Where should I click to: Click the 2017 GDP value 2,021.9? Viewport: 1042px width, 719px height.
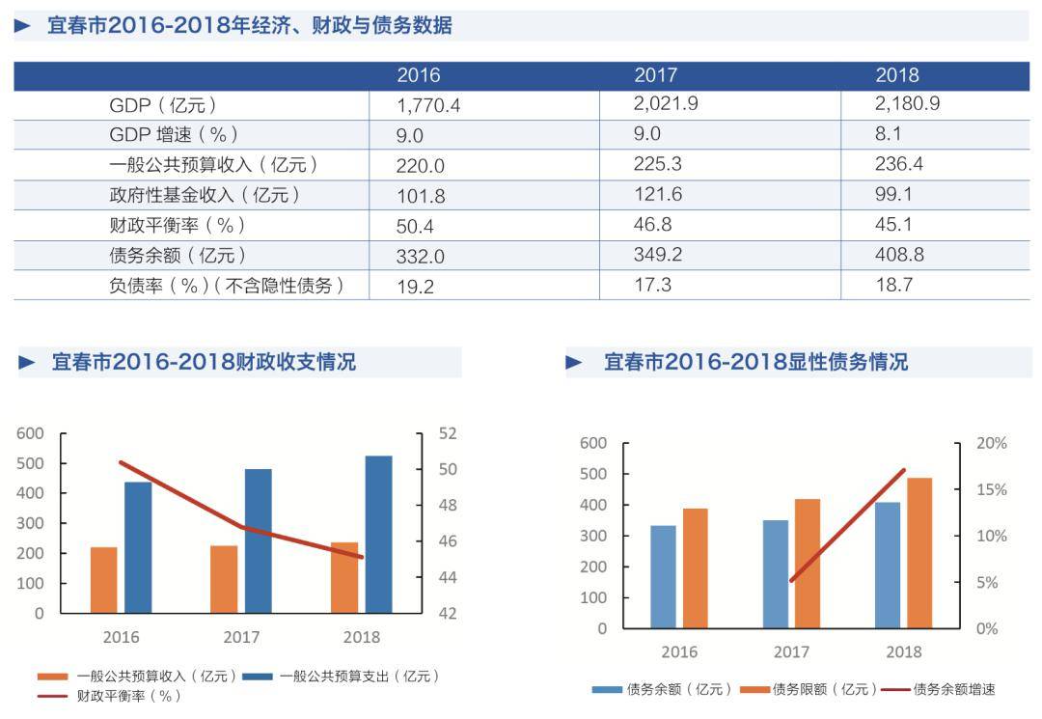coord(666,103)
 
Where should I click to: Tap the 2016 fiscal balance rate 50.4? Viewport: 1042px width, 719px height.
coord(421,226)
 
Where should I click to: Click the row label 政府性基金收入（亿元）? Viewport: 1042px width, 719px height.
coord(206,195)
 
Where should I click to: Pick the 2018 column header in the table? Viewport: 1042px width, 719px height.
coord(897,75)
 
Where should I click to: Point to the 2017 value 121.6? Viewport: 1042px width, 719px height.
coord(658,195)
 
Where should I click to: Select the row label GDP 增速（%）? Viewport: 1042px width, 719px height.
coord(174,135)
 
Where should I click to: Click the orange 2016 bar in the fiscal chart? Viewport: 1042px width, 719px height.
coord(104,579)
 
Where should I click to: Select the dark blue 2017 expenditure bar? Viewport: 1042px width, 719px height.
coord(259,540)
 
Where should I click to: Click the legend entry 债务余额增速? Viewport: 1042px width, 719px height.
coord(953,689)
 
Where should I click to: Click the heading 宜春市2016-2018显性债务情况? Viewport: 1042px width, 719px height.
coord(755,362)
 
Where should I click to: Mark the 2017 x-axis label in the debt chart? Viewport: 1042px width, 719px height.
coord(791,651)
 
